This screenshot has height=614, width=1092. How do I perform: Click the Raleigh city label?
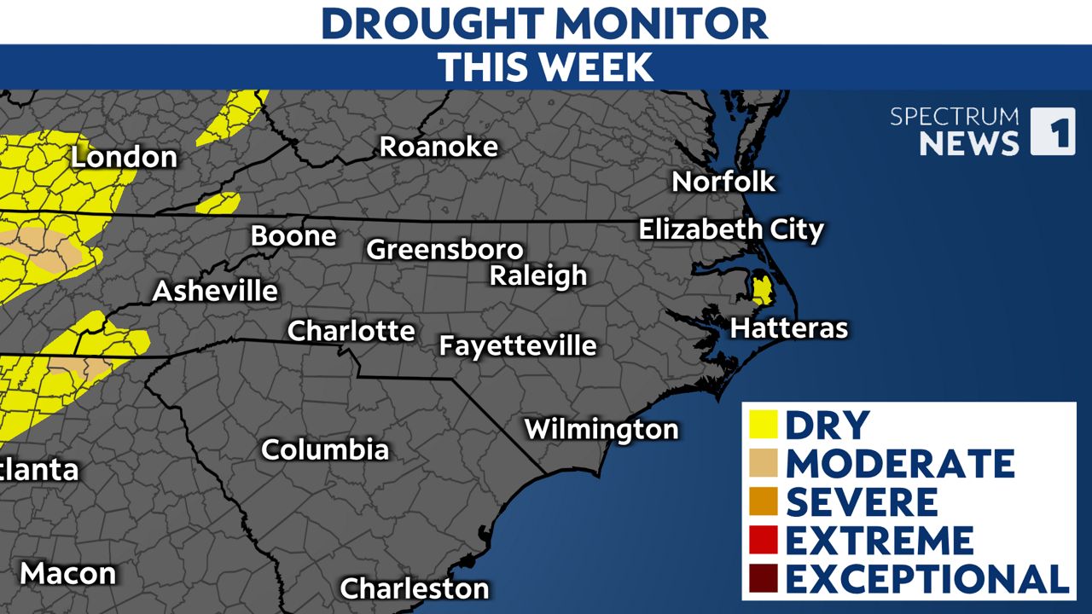click(538, 275)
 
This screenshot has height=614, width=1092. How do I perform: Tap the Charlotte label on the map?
click(351, 330)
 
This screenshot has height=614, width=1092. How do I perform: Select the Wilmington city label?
click(601, 428)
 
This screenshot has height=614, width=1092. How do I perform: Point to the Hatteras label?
click(789, 328)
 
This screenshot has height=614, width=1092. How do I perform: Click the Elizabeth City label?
click(731, 229)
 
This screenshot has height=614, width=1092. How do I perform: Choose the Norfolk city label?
click(723, 181)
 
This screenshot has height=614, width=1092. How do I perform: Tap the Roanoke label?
click(439, 146)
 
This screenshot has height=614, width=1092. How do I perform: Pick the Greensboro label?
click(444, 249)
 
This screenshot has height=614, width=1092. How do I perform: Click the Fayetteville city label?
click(517, 345)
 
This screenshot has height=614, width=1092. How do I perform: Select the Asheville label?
click(215, 291)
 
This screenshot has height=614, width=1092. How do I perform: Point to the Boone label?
click(293, 235)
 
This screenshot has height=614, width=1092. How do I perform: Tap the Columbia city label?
click(325, 449)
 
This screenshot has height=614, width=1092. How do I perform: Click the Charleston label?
click(415, 588)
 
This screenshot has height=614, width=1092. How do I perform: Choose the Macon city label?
click(67, 573)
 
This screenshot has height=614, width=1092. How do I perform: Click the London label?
click(124, 157)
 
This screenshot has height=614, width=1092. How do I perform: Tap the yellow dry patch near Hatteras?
click(762, 290)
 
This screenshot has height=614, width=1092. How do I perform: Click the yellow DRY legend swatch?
click(763, 424)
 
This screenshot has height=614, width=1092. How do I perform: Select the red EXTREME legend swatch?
click(763, 540)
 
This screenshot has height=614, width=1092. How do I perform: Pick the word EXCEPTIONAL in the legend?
click(927, 578)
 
